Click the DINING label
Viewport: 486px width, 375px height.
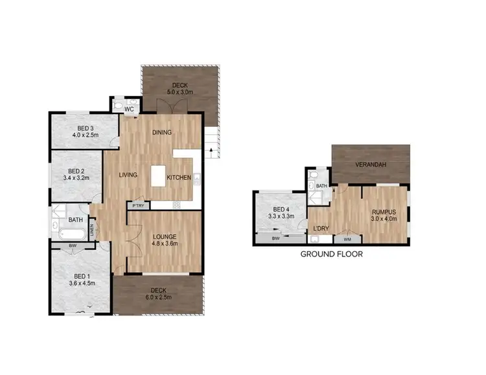[162, 133]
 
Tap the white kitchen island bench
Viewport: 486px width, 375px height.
[159, 176]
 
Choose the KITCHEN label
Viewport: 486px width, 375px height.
[179, 177]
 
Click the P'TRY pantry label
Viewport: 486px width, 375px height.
[138, 206]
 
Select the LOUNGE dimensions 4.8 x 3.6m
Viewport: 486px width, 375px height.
[164, 245]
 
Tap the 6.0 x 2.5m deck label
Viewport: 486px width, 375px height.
[159, 299]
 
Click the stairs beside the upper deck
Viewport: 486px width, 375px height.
[212, 141]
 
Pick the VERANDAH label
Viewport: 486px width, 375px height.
[371, 165]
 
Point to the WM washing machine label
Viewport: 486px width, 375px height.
[346, 239]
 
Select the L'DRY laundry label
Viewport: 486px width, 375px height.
[319, 229]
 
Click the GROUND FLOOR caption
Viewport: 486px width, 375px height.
[331, 255]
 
